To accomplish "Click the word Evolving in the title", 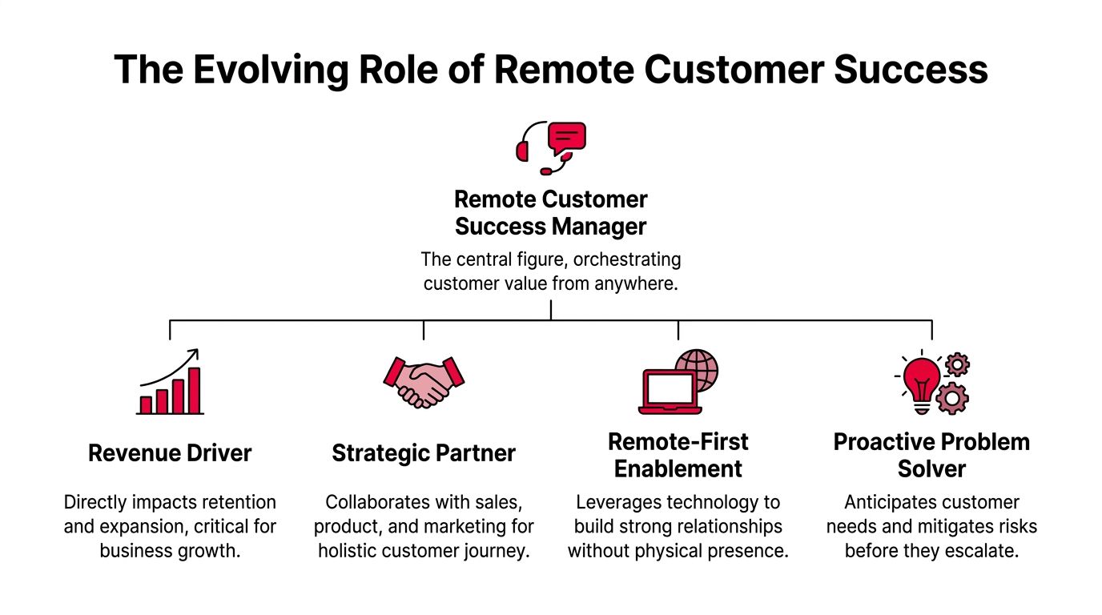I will click(x=271, y=70).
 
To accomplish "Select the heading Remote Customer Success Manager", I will click(x=551, y=213).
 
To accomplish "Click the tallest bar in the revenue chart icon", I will click(x=194, y=390).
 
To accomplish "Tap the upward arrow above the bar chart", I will click(x=170, y=368).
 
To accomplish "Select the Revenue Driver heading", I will click(x=170, y=453).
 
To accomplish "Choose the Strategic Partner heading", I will click(x=424, y=453).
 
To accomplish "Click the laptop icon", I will click(x=670, y=392).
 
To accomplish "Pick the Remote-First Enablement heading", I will click(x=678, y=455).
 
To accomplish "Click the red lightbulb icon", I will click(x=922, y=380).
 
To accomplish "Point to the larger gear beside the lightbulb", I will click(x=952, y=397).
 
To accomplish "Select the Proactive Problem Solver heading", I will click(x=931, y=455).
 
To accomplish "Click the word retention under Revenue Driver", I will click(x=238, y=502).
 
